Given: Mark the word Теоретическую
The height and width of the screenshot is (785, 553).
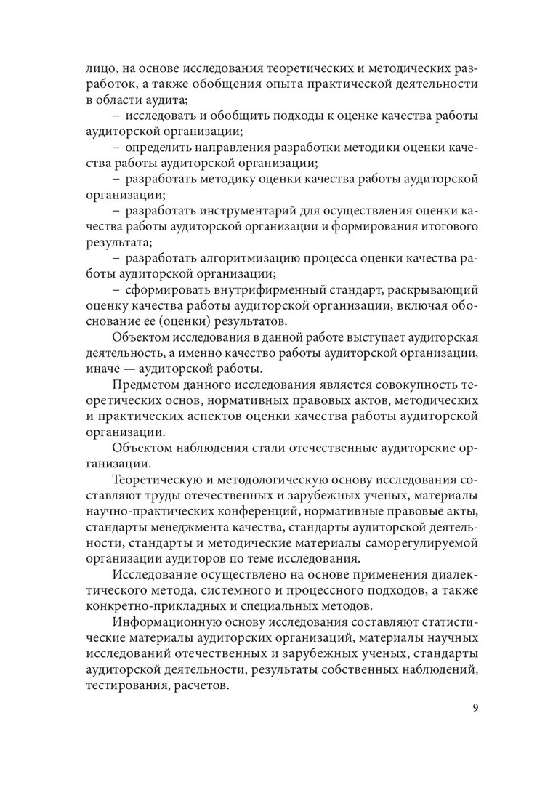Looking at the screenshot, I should pos(161,481).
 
